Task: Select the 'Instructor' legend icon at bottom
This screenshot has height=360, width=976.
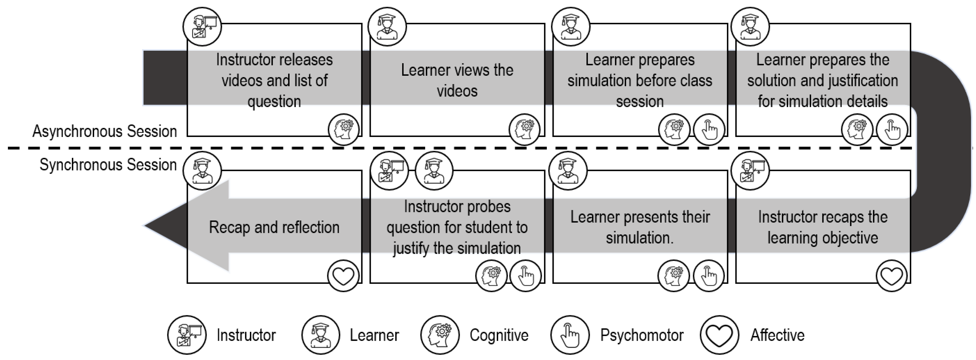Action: pyautogui.click(x=187, y=335)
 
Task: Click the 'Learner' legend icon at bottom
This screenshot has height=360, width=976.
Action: pyautogui.click(x=321, y=335)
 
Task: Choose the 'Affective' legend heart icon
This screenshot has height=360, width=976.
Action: pyautogui.click(x=719, y=335)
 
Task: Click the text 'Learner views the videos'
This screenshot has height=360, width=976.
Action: pyautogui.click(x=457, y=80)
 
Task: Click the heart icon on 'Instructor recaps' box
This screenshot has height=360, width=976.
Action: pyautogui.click(x=891, y=275)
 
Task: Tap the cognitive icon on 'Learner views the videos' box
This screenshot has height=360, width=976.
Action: pyautogui.click(x=524, y=129)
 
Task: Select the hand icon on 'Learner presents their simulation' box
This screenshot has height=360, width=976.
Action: pyautogui.click(x=709, y=275)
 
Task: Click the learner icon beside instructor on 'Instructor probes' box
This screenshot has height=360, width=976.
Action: pyautogui.click(x=434, y=170)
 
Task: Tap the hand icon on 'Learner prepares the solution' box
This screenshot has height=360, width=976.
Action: pyautogui.click(x=892, y=129)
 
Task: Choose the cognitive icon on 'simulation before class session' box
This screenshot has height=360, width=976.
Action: pyautogui.click(x=674, y=129)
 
